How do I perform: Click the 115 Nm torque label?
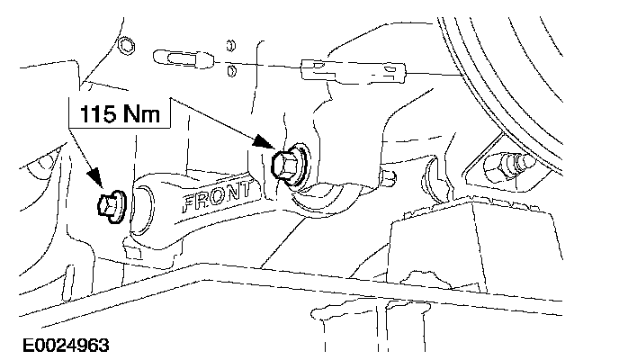tap(120, 114)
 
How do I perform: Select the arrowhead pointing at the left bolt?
tap(97, 186)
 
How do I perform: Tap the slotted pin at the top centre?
tap(184, 58)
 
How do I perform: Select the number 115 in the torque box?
tap(97, 114)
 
